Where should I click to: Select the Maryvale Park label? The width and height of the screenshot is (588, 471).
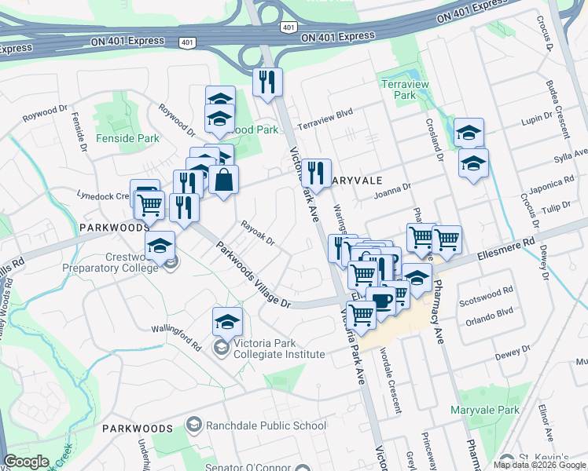[485, 410]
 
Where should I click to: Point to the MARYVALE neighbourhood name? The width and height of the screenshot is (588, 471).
[358, 181]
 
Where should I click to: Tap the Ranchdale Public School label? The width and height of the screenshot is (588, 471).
[266, 426]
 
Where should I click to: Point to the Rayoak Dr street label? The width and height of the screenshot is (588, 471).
[257, 232]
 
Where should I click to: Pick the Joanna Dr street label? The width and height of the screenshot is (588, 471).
[392, 192]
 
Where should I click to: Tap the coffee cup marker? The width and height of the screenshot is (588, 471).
[381, 301]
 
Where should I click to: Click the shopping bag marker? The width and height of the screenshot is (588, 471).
[224, 180]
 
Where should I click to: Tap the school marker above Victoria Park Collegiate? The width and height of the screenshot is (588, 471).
[227, 322]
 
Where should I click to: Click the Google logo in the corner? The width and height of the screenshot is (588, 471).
[27, 462]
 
